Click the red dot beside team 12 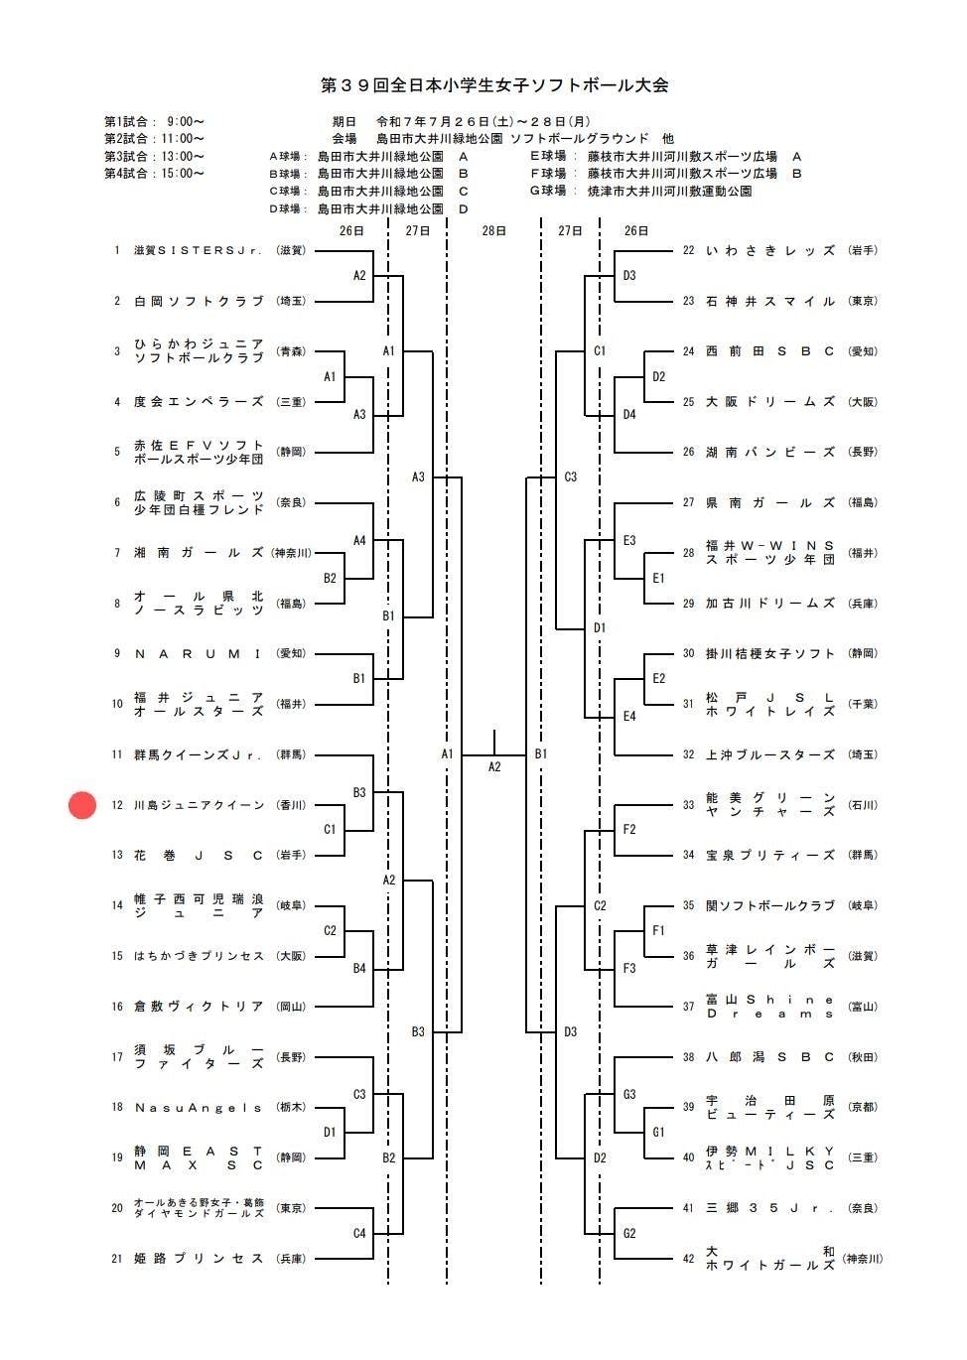click(x=82, y=805)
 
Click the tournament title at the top click(x=493, y=85)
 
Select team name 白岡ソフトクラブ click(x=199, y=301)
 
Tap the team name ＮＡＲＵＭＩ click(x=199, y=653)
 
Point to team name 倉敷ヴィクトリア click(x=199, y=1007)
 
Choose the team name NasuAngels click(x=199, y=1107)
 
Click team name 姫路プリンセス click(x=199, y=1259)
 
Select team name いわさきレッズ click(x=770, y=250)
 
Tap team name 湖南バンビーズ click(x=770, y=452)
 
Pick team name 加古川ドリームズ click(x=770, y=604)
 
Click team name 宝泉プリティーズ click(x=770, y=855)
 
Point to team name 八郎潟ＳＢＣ click(x=770, y=1057)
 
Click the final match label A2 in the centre click(x=494, y=766)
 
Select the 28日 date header click(x=493, y=230)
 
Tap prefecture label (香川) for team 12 click(x=291, y=805)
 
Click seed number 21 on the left click(x=117, y=1259)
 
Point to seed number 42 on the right click(x=688, y=1259)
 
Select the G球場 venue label click(x=548, y=191)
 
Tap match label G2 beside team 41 click(x=629, y=1234)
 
